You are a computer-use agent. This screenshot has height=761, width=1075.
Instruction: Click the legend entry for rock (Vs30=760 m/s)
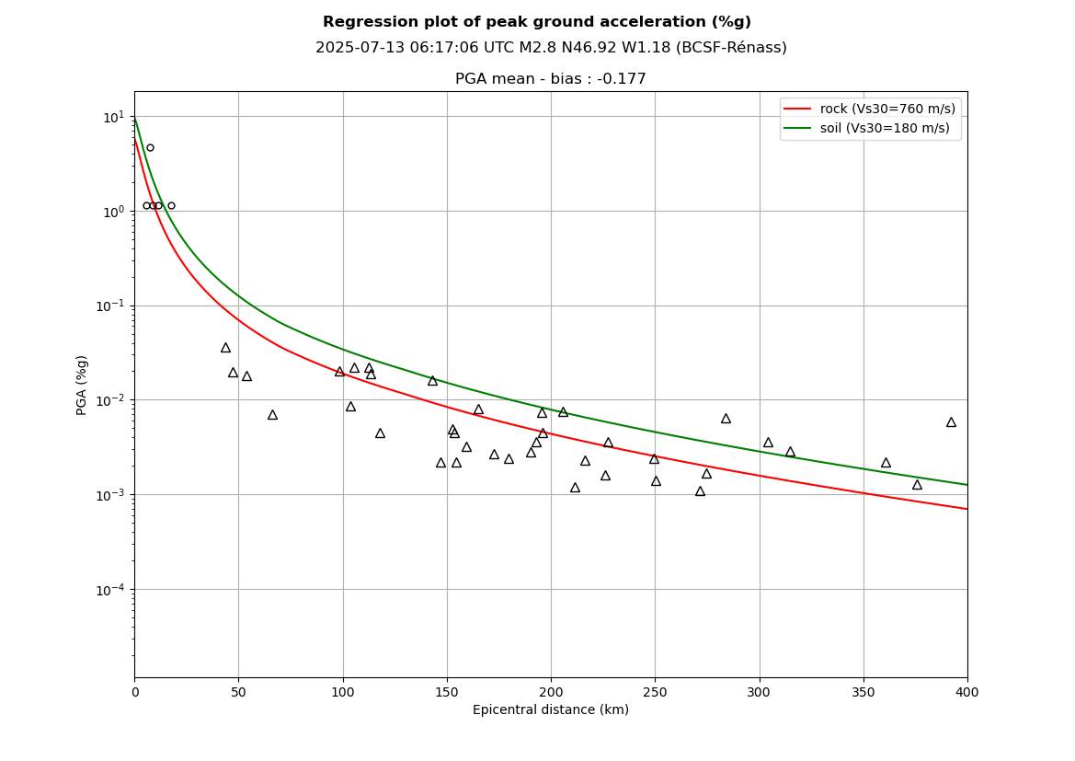pos(887,109)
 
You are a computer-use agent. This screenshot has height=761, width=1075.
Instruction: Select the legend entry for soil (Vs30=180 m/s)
pos(885,128)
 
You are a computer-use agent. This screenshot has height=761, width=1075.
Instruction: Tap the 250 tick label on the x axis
pos(655,692)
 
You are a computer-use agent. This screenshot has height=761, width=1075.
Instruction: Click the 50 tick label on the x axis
pos(238,692)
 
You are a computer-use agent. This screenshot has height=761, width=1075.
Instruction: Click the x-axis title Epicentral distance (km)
pos(551,710)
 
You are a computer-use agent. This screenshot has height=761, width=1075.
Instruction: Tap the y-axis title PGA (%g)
pos(82,385)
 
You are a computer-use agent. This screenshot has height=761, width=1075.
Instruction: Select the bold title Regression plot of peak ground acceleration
pos(537,22)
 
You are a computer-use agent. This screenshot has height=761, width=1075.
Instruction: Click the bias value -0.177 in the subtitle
pos(623,79)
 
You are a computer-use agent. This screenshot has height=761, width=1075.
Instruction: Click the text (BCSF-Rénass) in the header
pos(731,48)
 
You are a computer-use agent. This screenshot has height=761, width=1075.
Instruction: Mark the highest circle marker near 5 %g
pos(150,147)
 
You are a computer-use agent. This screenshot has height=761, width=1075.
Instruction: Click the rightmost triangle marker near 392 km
pos(951,422)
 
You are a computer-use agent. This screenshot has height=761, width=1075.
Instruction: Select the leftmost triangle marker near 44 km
pos(225,348)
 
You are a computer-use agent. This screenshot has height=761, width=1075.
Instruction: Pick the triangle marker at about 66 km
pos(272,415)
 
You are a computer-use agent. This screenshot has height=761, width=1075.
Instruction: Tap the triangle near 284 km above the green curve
pos(726,419)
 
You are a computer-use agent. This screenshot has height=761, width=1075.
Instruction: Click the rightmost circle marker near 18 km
pos(171,206)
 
